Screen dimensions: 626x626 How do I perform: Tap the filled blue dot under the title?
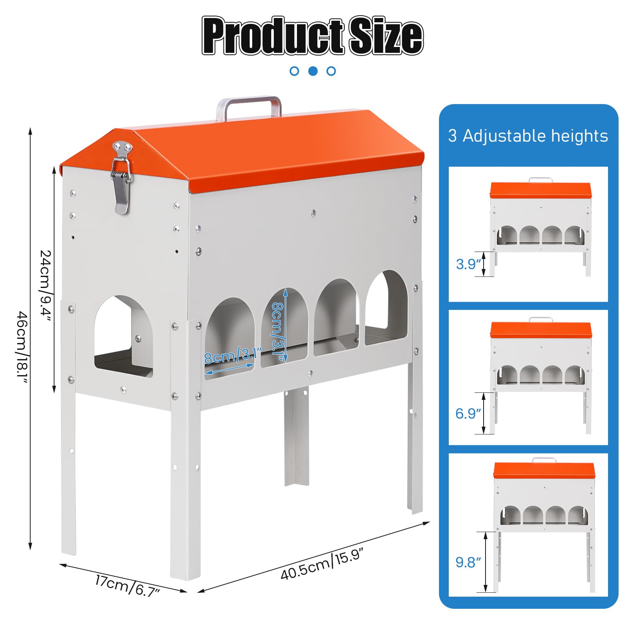click(313, 71)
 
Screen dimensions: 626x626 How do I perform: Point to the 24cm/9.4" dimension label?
click(46, 286)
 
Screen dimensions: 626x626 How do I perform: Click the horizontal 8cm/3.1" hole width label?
click(232, 355)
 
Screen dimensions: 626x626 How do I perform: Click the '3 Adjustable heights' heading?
click(528, 136)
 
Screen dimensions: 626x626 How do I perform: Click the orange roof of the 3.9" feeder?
click(541, 190)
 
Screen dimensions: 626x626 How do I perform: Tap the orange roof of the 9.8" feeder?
click(544, 470)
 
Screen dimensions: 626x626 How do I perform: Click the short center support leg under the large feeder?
click(296, 436)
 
